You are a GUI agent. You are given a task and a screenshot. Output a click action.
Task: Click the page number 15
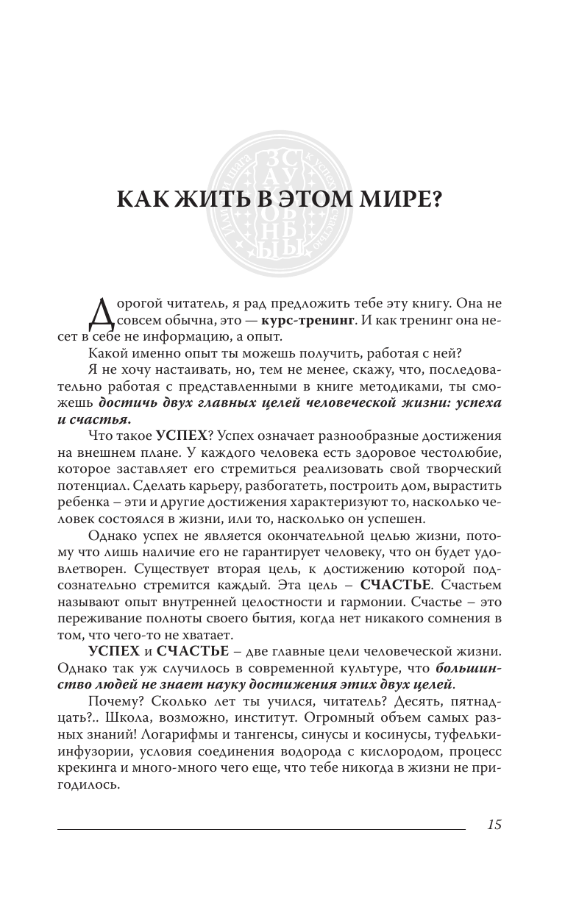pyautogui.click(x=494, y=825)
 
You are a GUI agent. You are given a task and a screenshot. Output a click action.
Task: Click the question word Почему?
pyautogui.click(x=111, y=704)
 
